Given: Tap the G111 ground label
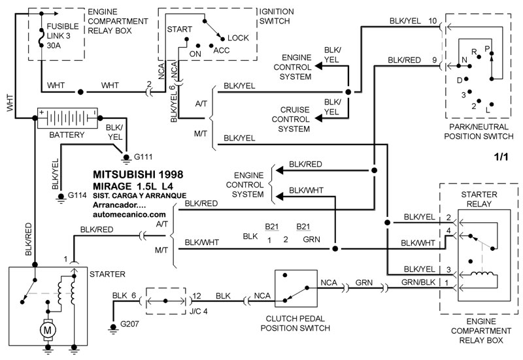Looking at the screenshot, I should click(x=143, y=157).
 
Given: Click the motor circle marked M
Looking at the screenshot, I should click(x=47, y=331).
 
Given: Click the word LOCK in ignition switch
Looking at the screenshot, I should click(x=238, y=39).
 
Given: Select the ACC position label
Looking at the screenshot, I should click(x=222, y=50).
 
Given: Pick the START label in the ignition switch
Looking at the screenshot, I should click(x=179, y=30).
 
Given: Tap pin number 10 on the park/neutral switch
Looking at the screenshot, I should click(x=433, y=21).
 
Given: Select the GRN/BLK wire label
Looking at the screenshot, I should click(x=417, y=283).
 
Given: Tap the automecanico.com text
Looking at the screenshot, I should click(x=129, y=214).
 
